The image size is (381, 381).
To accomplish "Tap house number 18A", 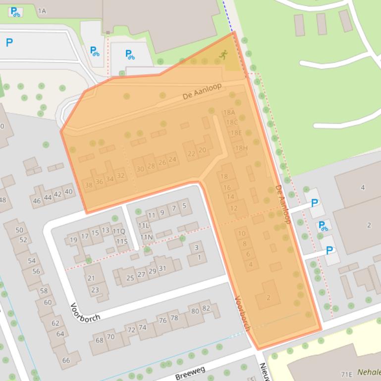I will (229, 113).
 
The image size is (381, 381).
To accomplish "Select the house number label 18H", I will (241, 148).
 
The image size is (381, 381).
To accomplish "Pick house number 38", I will (89, 185).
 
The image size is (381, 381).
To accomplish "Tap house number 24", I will (172, 159).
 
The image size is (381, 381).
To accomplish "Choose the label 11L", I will (144, 226).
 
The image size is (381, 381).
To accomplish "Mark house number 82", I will (206, 308).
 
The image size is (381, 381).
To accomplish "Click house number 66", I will (66, 360).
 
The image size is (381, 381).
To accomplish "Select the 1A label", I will (42, 10).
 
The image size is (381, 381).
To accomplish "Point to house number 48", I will (2, 200).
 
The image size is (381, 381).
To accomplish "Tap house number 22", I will (191, 153).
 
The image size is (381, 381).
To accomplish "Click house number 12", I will (234, 208).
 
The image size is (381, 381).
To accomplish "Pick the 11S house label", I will (122, 241).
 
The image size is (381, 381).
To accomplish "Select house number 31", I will (162, 268).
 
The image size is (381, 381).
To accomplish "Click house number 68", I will (100, 340).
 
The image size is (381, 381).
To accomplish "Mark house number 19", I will (73, 240).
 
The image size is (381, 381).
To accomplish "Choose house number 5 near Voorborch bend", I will (184, 206).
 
